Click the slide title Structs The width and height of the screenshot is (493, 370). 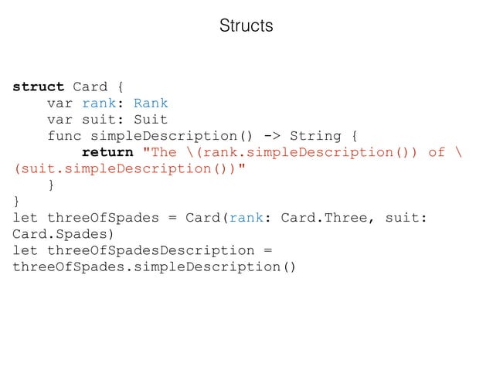pyautogui.click(x=246, y=25)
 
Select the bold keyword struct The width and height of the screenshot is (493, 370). pyautogui.click(x=39, y=87)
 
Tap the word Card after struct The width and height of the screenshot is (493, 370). pyautogui.click(x=90, y=87)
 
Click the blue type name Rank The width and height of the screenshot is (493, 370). pyautogui.click(x=151, y=103)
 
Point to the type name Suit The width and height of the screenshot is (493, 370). pyautogui.click(x=151, y=120)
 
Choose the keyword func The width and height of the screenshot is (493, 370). pyautogui.click(x=64, y=136)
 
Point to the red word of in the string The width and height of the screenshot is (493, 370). pyautogui.click(x=437, y=152)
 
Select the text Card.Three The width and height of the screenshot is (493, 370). pyautogui.click(x=324, y=218)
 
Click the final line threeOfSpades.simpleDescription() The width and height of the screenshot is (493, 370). pyautogui.click(x=155, y=267)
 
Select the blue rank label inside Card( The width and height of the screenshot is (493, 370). pyautogui.click(x=247, y=218)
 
